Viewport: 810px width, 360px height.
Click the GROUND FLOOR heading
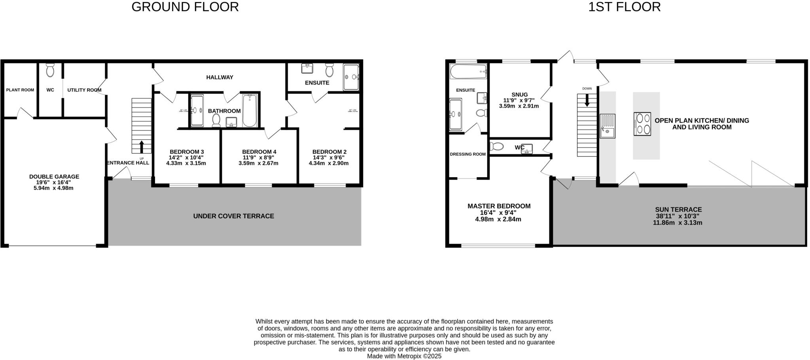(x=185, y=7)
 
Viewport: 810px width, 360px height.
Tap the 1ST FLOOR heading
(x=624, y=7)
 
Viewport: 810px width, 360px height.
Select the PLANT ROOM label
(x=20, y=90)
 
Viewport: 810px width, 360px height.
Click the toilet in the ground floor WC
(x=50, y=70)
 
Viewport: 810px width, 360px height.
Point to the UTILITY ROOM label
(x=84, y=90)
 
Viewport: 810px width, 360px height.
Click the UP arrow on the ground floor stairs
(x=142, y=147)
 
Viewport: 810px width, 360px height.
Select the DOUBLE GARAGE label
(x=54, y=177)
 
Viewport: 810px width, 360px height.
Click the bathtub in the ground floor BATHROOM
(x=250, y=110)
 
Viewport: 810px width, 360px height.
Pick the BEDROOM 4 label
(x=259, y=152)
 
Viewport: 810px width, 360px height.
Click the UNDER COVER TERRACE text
(x=233, y=216)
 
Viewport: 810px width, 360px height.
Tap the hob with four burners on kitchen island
(x=642, y=124)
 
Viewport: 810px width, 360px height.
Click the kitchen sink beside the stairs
(x=607, y=126)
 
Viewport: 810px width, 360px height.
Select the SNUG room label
(x=519, y=95)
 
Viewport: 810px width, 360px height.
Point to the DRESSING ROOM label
(x=467, y=154)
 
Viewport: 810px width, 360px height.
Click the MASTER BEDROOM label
(x=499, y=206)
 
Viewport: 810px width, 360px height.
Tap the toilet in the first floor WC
(x=497, y=147)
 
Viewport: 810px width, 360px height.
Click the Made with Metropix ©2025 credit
(x=404, y=356)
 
